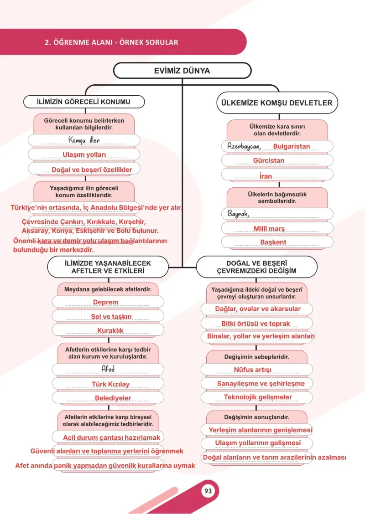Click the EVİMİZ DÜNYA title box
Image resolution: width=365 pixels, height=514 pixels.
click(x=182, y=71)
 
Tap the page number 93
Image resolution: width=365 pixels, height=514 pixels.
click(x=208, y=491)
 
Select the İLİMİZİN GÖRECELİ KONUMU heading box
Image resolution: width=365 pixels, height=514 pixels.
click(x=83, y=102)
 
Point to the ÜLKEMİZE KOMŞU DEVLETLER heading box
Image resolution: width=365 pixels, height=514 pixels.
click(x=277, y=103)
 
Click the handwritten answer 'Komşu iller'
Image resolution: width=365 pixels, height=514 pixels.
click(x=84, y=140)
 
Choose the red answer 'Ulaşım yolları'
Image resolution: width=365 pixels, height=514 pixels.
click(x=84, y=154)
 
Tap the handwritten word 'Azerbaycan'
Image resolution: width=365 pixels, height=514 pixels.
click(x=244, y=146)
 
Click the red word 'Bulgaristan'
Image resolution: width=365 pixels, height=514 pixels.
click(x=292, y=146)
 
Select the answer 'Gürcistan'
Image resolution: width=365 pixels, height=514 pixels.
click(x=268, y=160)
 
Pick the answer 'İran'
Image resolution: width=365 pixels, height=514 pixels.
click(x=266, y=176)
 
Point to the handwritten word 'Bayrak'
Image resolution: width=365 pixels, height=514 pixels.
click(x=238, y=214)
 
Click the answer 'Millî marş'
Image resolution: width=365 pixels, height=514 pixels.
click(x=269, y=228)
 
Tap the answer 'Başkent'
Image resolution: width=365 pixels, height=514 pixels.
click(x=273, y=242)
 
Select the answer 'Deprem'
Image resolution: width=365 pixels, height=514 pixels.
click(x=105, y=302)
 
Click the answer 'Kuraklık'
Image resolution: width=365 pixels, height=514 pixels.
click(x=110, y=330)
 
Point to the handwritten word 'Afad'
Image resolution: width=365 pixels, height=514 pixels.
click(x=108, y=369)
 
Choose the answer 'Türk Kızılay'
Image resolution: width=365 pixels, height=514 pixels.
click(x=110, y=384)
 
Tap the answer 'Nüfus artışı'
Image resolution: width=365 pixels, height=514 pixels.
click(x=252, y=370)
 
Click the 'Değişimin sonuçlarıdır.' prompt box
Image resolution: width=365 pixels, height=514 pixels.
click(x=257, y=417)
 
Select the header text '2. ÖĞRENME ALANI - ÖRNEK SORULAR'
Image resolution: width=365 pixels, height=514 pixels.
click(x=112, y=42)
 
